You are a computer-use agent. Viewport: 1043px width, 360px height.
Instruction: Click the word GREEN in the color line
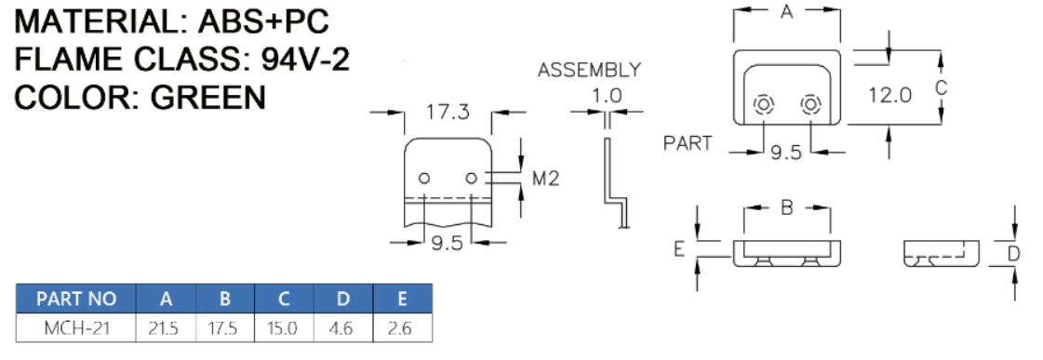pyautogui.click(x=207, y=98)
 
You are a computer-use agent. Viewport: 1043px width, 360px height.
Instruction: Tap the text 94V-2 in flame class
pyautogui.click(x=305, y=60)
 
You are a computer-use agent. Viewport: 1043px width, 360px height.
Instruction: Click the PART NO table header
pyautogui.click(x=76, y=299)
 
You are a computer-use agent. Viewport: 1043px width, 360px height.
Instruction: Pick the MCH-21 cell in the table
pyautogui.click(x=76, y=328)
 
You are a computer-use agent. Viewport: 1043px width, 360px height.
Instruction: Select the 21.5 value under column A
pyautogui.click(x=166, y=328)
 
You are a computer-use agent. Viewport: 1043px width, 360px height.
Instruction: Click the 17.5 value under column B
pyautogui.click(x=225, y=328)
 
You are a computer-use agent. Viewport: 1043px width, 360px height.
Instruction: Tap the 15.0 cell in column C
pyautogui.click(x=284, y=328)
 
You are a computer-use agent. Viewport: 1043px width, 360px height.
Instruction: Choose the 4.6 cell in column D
pyautogui.click(x=343, y=328)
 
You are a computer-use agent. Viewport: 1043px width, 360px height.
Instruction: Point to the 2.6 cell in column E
pyautogui.click(x=403, y=328)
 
